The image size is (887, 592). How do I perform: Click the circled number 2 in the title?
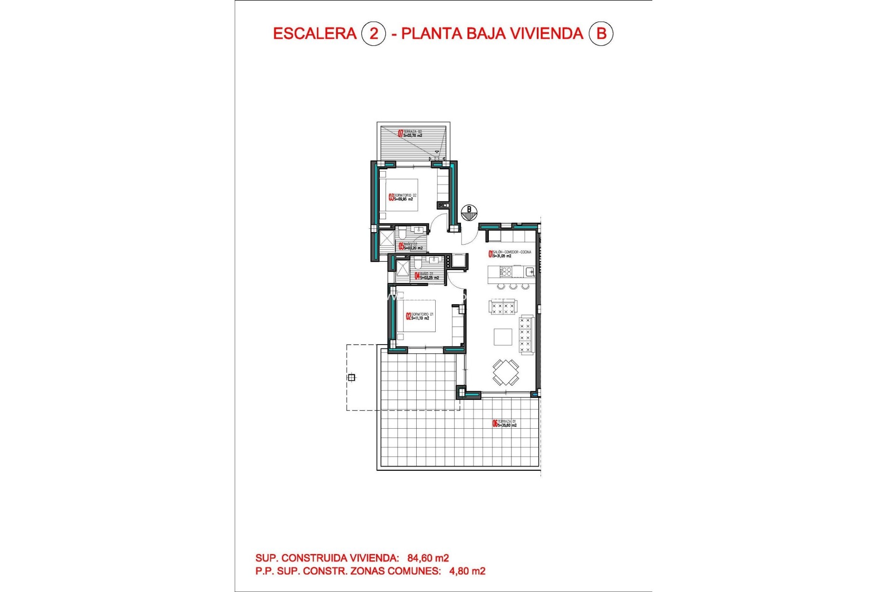coord(373,34)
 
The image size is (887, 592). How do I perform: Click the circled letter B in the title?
coord(601,34)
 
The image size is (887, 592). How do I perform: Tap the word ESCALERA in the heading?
coord(315,34)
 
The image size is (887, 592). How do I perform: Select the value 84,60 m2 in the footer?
coord(428,558)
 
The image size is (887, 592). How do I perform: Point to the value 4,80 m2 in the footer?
coord(468,571)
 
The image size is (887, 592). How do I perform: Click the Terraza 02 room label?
coord(410,134)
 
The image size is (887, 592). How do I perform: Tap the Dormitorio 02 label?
coord(403,197)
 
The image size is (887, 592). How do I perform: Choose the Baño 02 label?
coord(411,246)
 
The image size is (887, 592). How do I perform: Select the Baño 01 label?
coord(427,276)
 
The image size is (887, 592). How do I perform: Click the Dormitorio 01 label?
coord(420,316)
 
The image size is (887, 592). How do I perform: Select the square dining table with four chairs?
coord(505,372)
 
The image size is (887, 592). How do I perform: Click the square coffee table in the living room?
coord(503,337)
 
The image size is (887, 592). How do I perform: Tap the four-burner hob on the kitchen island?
coord(506,271)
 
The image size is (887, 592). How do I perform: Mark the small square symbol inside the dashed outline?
coord(352,377)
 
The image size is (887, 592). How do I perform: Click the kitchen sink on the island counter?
coord(529,271)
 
